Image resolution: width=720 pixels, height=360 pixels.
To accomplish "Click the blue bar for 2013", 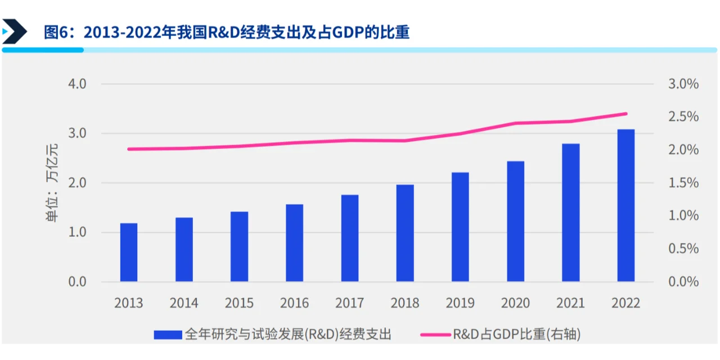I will coord(128,253).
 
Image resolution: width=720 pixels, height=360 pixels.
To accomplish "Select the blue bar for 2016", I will coord(294,243).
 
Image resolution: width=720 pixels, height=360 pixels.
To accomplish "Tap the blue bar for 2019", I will coord(460,227).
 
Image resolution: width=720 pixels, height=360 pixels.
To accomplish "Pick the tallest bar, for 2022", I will coord(625,206).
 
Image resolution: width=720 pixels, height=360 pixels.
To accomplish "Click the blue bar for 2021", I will coord(570,213).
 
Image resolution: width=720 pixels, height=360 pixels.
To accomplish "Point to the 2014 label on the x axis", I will coord(184,303).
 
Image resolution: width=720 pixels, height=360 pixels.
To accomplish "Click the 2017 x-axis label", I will coord(349,303).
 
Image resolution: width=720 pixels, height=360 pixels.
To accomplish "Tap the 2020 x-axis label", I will coord(515,303).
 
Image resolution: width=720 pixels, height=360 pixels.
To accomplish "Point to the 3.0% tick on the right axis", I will coord(683,84).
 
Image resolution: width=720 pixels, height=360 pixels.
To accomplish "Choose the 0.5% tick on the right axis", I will coord(683,249).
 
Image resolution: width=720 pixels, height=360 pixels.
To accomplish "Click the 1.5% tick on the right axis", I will coord(683,183).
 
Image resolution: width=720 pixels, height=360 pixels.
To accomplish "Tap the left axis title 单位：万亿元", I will coord(52,183).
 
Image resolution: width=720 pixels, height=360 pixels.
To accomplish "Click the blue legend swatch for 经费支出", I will coord(168,335).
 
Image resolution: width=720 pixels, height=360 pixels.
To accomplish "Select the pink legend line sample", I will coord(435,335).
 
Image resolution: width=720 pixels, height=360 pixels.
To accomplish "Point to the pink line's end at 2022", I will coord(626,114).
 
